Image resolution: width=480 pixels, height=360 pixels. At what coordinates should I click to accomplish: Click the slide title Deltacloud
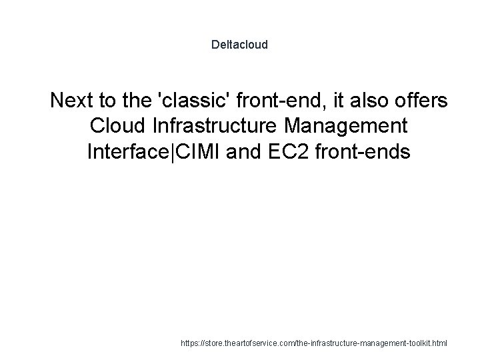coord(239,45)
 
